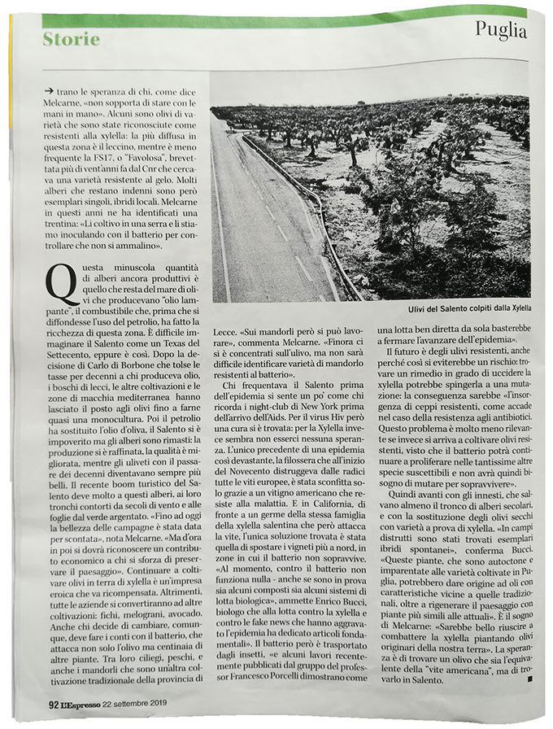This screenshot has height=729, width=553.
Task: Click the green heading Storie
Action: pyautogui.click(x=72, y=39)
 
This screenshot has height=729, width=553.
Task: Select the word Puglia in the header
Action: pyautogui.click(x=500, y=31)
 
